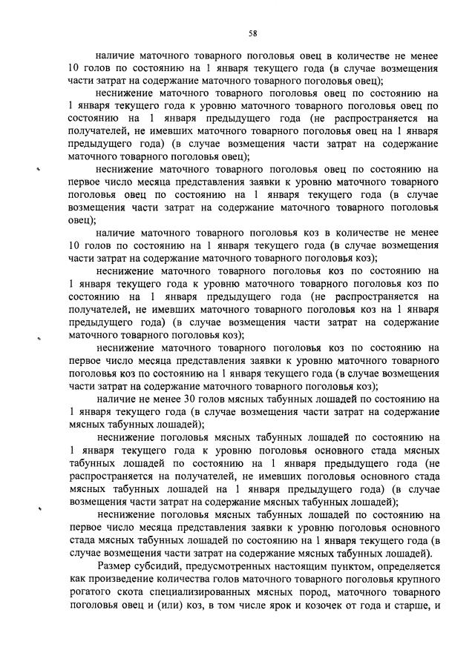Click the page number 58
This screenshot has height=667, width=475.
(x=252, y=33)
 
